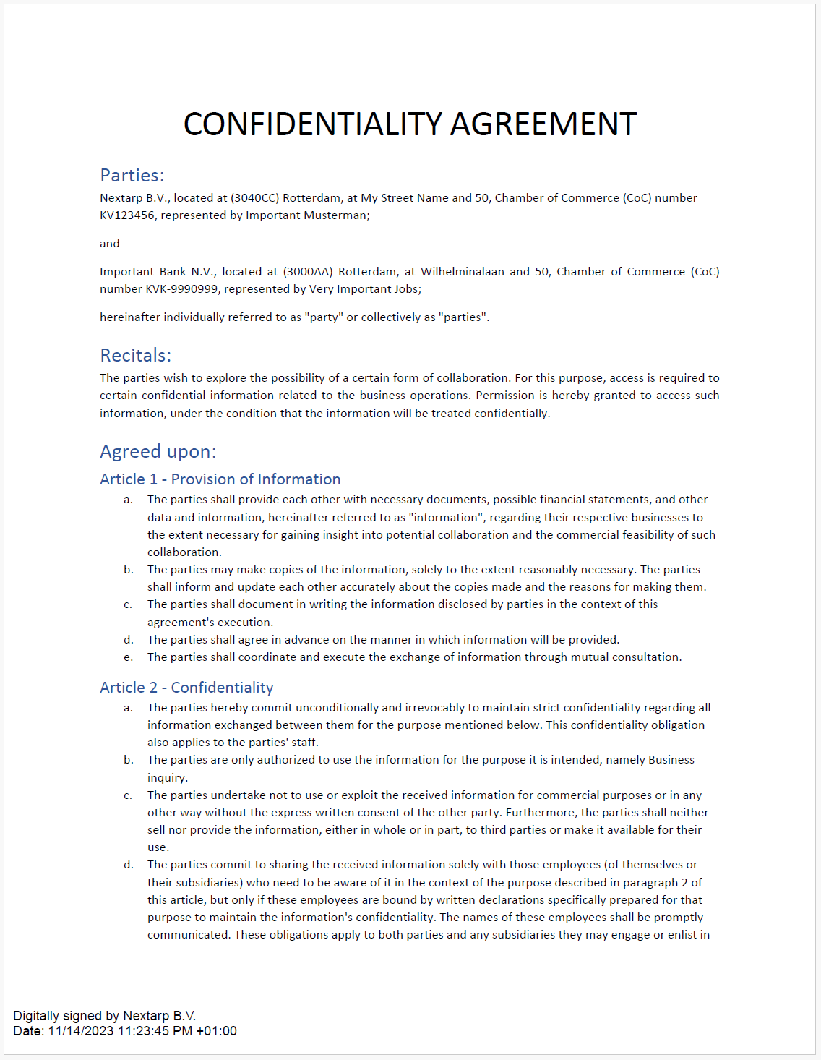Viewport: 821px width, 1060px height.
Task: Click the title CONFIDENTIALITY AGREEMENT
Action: [410, 124]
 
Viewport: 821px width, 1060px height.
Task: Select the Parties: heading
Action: [132, 176]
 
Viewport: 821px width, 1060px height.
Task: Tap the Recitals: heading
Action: [136, 356]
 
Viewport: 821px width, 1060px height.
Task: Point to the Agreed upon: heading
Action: [158, 452]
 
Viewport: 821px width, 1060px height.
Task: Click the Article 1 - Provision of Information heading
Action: [220, 479]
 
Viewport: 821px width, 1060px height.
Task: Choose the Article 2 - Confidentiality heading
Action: [186, 688]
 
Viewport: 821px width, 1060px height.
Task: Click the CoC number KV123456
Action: [126, 215]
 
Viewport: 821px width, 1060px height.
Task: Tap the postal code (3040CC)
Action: [254, 198]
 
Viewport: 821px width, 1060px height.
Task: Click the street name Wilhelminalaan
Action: [463, 272]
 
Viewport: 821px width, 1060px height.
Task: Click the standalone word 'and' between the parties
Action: [110, 244]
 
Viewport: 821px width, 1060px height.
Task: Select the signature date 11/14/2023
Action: [81, 1031]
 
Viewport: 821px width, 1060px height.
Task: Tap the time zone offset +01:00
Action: [216, 1031]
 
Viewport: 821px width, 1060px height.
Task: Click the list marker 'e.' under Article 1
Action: [129, 657]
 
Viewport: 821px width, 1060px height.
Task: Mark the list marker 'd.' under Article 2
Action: [129, 865]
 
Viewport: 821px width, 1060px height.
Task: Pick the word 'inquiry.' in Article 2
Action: [168, 778]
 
